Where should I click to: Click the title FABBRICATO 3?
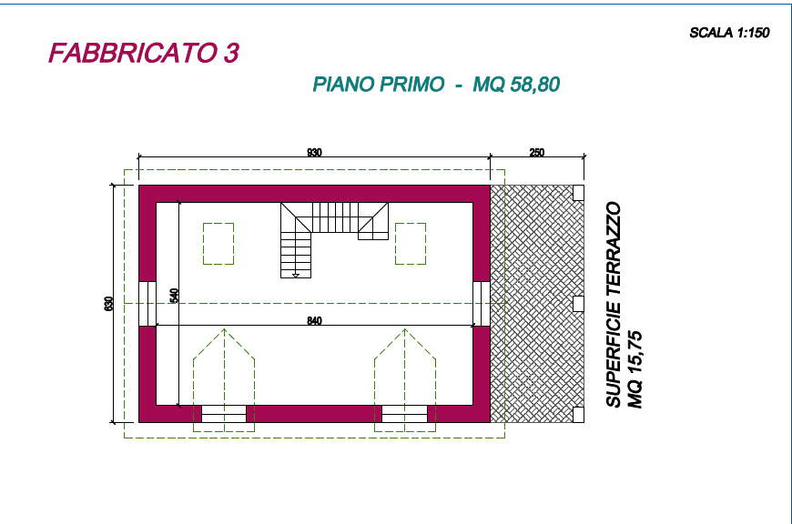tap(144, 53)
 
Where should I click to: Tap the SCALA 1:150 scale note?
tap(729, 33)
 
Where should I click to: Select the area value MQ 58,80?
tap(516, 85)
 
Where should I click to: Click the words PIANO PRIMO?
tap(379, 85)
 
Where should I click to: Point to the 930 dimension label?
tap(314, 153)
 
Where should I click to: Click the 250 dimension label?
tap(537, 153)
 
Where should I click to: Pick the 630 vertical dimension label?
tap(108, 304)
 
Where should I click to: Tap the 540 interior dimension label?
tap(174, 296)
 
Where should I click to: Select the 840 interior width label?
tap(314, 320)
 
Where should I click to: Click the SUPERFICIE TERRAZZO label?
tap(614, 305)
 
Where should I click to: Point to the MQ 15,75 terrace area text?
tap(635, 369)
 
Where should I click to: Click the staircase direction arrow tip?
tap(296, 277)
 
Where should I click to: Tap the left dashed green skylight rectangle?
tap(218, 244)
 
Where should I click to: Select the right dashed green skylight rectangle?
tap(411, 244)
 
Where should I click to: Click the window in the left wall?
tap(147, 304)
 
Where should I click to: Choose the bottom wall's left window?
tap(224, 414)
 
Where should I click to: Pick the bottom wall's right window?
tap(404, 414)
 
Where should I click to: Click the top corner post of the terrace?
tap(578, 193)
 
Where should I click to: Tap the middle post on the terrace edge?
tap(578, 304)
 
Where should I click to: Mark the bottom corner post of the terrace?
tap(578, 415)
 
